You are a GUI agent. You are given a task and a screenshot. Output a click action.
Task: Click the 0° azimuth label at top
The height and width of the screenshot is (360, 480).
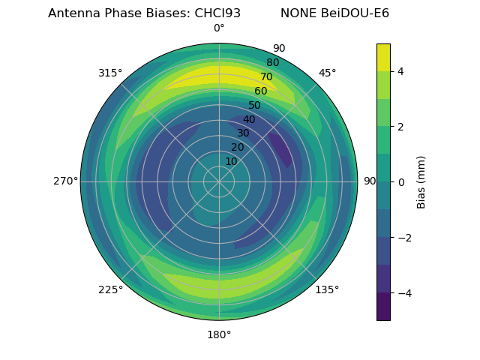click(x=219, y=28)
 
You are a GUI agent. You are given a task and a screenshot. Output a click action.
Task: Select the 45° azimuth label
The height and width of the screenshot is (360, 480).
click(x=327, y=73)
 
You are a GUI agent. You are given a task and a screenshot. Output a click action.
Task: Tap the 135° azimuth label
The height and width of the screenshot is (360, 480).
click(x=327, y=289)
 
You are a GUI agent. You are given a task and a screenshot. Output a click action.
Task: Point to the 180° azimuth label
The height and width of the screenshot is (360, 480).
click(x=219, y=334)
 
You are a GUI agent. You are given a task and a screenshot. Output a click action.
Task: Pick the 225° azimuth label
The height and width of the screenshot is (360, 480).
click(x=110, y=289)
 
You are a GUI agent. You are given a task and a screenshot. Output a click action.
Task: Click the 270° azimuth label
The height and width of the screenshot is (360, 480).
click(x=65, y=181)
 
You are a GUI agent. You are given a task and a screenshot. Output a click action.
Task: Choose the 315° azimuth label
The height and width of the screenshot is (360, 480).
click(x=110, y=73)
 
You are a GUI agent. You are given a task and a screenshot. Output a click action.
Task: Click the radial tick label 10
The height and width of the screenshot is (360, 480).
click(x=231, y=161)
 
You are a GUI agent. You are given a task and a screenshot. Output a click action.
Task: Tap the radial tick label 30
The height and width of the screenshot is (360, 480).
click(x=243, y=133)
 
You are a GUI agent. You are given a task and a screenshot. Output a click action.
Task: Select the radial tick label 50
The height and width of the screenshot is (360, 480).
click(x=255, y=106)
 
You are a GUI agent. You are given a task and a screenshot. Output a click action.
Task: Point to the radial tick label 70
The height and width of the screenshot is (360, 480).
click(x=266, y=77)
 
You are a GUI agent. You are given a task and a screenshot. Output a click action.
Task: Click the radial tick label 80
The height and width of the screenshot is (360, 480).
click(x=272, y=63)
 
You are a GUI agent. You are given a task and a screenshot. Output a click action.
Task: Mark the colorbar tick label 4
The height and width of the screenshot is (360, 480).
click(x=400, y=71)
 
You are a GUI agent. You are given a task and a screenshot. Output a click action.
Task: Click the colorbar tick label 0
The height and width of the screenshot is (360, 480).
click(x=400, y=181)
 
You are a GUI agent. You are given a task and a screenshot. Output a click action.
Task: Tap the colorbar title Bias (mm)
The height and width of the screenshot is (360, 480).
click(x=421, y=181)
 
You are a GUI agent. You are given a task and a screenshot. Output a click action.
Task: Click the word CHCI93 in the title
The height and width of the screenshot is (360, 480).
click(x=214, y=13)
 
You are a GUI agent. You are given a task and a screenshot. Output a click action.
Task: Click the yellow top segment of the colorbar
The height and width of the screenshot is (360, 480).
click(x=383, y=57)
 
